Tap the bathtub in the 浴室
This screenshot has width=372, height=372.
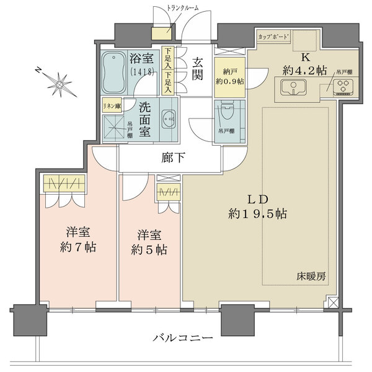[115, 71]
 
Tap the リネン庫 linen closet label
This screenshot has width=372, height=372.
[112, 105]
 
